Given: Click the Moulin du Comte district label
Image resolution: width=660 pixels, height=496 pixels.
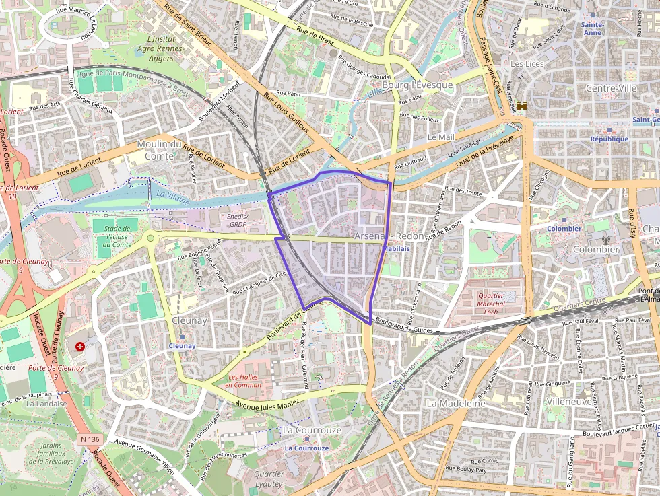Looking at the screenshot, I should [160, 149].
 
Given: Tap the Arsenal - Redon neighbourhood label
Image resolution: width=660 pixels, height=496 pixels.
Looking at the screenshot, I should [389, 236].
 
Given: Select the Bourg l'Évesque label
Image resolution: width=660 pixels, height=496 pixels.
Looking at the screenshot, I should [418, 85].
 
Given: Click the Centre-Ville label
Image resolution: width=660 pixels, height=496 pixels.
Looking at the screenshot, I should [611, 88].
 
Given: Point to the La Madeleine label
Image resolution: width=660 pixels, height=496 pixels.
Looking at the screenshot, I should [456, 403].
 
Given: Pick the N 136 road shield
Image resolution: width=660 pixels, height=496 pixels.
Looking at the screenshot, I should [90, 439].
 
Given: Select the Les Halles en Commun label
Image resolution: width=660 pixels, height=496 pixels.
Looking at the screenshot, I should [243, 381].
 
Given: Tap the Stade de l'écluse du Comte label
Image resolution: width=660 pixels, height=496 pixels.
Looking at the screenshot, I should [113, 236].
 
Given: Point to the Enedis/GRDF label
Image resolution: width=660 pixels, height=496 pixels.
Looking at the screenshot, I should [238, 220].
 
